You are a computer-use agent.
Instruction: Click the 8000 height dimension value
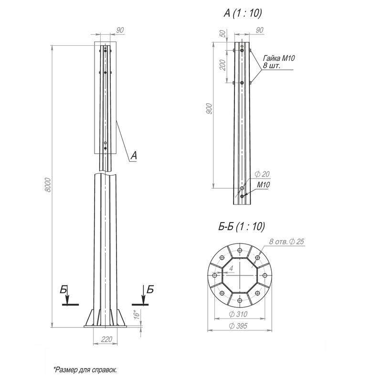(48, 185)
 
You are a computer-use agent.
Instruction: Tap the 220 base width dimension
(106, 339)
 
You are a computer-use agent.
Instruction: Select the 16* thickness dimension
(137, 315)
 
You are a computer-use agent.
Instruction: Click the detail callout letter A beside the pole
(134, 156)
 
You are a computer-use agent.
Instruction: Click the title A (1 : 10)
(243, 13)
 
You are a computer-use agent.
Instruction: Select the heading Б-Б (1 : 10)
(242, 226)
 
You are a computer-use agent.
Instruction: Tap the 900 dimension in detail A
(209, 109)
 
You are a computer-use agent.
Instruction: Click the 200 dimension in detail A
(223, 65)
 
